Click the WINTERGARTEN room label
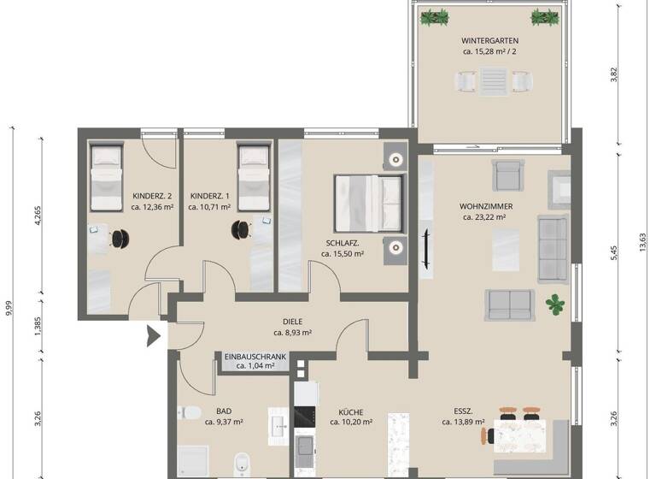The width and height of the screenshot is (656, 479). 489,40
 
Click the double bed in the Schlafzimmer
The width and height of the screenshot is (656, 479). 369,202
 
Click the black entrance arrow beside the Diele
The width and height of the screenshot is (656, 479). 154,335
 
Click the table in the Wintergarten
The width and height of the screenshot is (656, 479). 494,81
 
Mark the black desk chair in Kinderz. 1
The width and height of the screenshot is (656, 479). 243,229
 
